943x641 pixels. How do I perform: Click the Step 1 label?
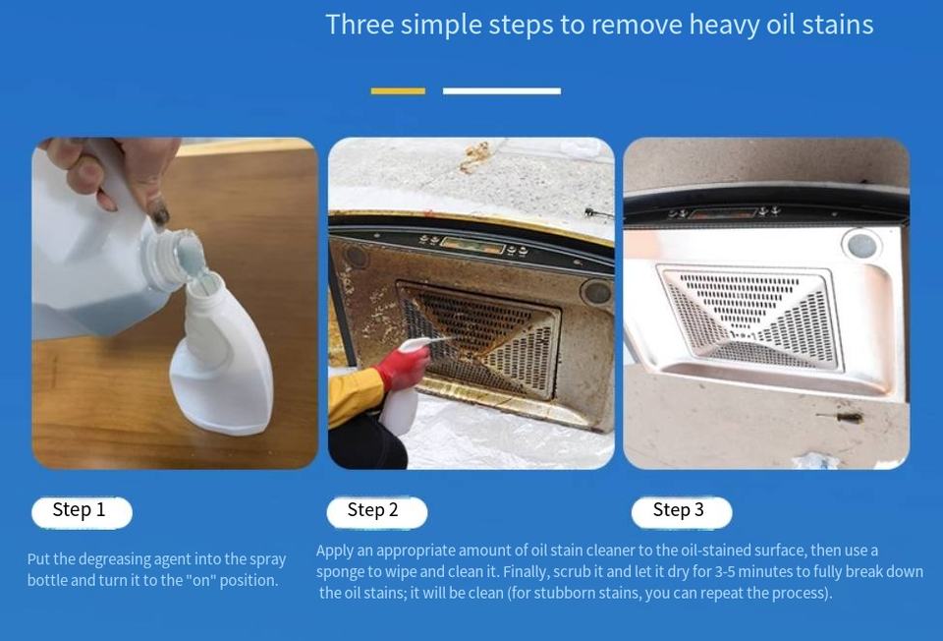coord(82,512)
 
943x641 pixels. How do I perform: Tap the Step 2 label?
coord(376,512)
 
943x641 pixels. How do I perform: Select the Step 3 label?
coord(682,512)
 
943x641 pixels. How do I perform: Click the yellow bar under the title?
coord(398,90)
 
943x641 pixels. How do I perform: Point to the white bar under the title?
coord(502,90)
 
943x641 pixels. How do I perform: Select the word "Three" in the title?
coord(361,25)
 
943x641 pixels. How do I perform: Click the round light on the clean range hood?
coord(861,245)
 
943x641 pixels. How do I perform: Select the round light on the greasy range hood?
coord(596,291)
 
